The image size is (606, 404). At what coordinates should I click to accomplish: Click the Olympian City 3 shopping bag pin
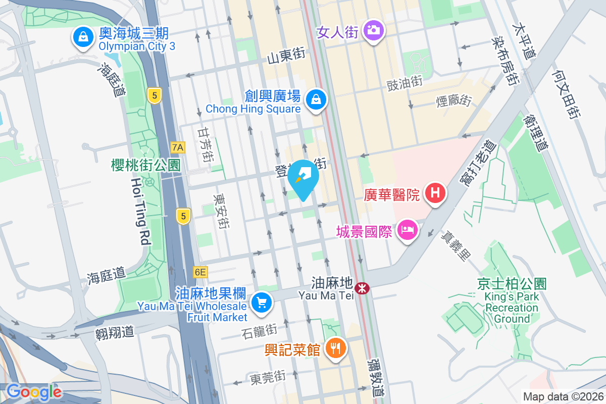[x=81, y=37]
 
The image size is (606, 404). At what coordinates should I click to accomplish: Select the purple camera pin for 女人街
[x=374, y=30]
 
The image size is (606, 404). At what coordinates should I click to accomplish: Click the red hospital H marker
[x=434, y=192]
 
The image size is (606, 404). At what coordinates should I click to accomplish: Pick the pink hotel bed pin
[x=408, y=231]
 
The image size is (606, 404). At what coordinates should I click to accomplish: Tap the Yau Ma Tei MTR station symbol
[x=362, y=288]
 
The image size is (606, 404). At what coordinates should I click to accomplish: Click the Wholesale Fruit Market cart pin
[x=261, y=303]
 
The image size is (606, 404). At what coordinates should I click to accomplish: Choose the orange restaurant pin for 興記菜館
[x=334, y=347]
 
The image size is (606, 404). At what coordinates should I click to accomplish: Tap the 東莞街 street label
[x=267, y=377]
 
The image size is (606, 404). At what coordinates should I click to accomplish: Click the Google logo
[x=33, y=392]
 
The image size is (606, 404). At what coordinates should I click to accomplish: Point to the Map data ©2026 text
[x=562, y=397]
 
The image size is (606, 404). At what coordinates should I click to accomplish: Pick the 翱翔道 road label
[x=114, y=332]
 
